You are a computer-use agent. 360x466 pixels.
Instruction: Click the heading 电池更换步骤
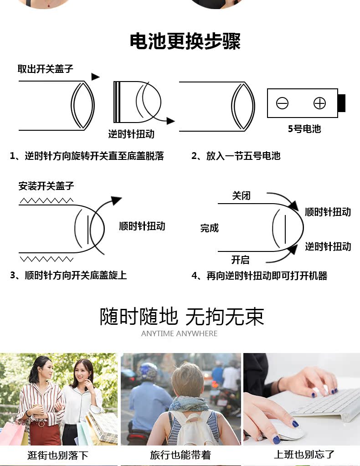185,41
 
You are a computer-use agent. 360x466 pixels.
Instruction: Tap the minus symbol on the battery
282,103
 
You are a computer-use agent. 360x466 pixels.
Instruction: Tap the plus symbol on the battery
319,103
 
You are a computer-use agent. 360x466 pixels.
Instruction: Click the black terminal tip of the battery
342,103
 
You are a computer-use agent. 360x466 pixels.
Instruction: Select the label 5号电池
304,128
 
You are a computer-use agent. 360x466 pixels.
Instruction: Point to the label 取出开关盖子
45,69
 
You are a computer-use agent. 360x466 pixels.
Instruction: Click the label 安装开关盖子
46,186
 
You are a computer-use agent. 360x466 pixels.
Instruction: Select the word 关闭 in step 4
241,196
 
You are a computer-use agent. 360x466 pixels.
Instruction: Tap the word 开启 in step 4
240,260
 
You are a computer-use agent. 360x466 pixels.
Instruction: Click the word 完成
210,228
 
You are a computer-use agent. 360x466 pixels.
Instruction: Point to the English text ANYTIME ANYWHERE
179,333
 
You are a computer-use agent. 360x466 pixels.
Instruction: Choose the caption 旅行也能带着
180,455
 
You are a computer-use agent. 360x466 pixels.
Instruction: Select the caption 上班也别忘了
304,455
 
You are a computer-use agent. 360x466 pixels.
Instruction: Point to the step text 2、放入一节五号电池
236,156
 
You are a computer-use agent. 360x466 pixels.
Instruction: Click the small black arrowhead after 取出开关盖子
95,77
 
